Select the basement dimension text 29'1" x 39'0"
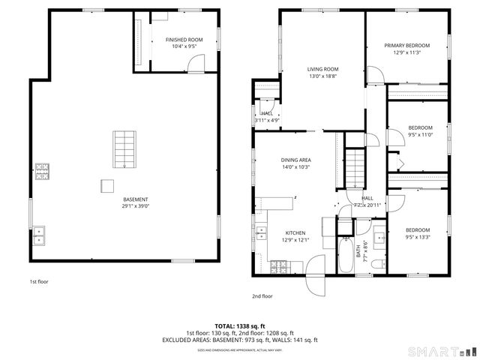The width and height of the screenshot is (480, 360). (136, 206)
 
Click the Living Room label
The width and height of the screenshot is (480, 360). (322, 69)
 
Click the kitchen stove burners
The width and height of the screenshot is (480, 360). (280, 266)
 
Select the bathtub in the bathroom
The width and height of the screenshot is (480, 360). (346, 256)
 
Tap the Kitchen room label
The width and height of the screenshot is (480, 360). (295, 232)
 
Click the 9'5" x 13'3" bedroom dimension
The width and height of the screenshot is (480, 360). (417, 237)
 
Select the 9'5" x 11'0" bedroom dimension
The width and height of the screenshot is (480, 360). (420, 134)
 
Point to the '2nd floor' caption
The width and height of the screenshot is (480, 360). (262, 295)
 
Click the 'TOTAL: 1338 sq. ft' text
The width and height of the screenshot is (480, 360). (240, 326)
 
